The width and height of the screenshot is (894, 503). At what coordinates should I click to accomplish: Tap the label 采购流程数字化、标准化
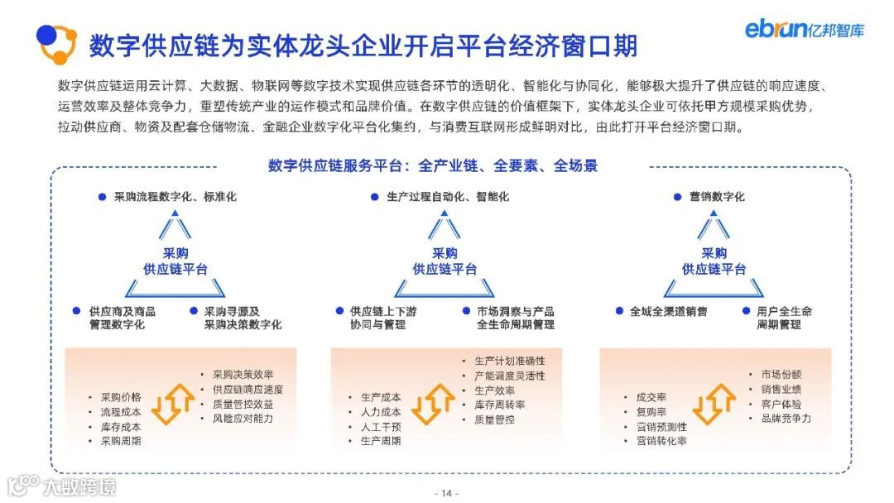pyautogui.click(x=175, y=197)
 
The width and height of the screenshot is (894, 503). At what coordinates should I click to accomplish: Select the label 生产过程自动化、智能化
pyautogui.click(x=447, y=197)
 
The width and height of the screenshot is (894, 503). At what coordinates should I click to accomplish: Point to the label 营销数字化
pyautogui.click(x=717, y=197)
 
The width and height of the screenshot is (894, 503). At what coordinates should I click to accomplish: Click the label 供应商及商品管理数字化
pyautogui.click(x=122, y=318)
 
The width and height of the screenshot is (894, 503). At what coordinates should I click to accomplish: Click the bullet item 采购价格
pyautogui.click(x=121, y=396)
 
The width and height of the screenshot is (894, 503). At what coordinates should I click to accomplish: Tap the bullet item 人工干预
pyautogui.click(x=381, y=427)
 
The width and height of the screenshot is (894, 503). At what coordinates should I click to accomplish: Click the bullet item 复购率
pyautogui.click(x=651, y=412)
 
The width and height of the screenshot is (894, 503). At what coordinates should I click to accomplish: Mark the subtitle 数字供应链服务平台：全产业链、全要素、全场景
pyautogui.click(x=433, y=166)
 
